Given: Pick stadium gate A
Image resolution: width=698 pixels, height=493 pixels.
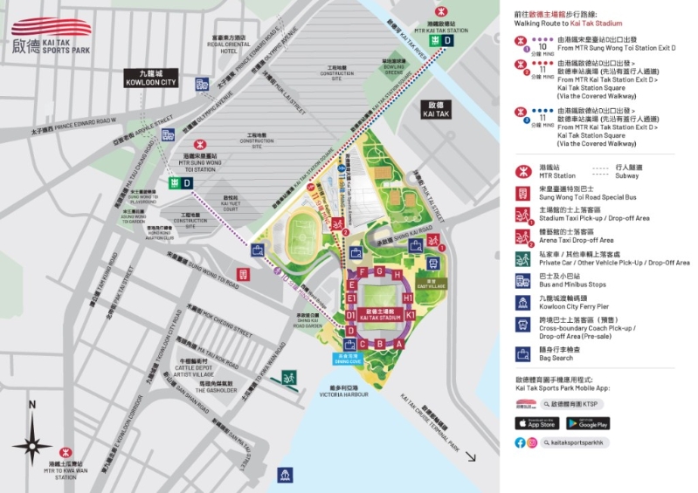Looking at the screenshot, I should point(400,343).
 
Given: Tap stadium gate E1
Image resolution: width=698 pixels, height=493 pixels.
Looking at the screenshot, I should point(351,298).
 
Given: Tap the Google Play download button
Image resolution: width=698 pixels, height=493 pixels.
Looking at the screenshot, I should point(587,423).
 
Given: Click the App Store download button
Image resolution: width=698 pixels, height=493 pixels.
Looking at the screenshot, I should point(536,423).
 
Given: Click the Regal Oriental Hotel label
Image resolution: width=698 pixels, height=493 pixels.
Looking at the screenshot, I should point(229,44).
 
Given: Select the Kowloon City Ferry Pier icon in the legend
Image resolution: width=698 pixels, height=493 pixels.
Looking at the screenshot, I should point(522,303).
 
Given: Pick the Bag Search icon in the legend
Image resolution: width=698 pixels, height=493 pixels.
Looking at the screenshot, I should point(522,354).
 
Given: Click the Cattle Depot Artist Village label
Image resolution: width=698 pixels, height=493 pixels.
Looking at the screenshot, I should point(190,363).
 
